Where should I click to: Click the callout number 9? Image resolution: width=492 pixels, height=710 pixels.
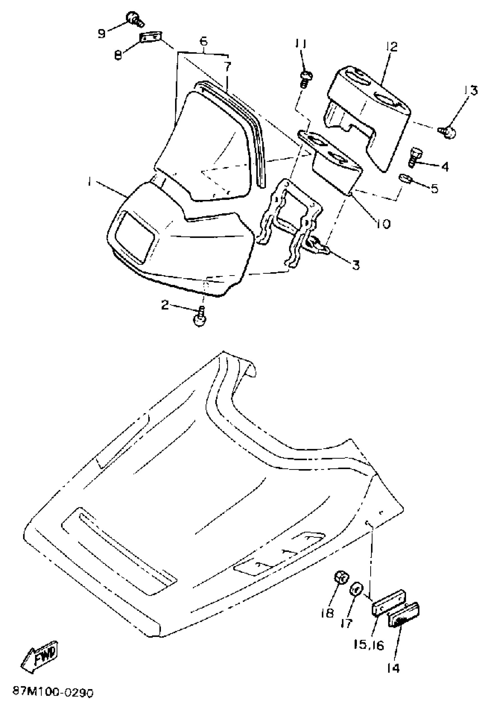coord(101,33)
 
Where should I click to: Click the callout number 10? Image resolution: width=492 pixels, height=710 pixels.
coord(382,223)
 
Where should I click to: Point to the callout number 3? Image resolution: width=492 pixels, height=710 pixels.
coord(356,264)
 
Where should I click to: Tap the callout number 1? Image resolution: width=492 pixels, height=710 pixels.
coord(89,183)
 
